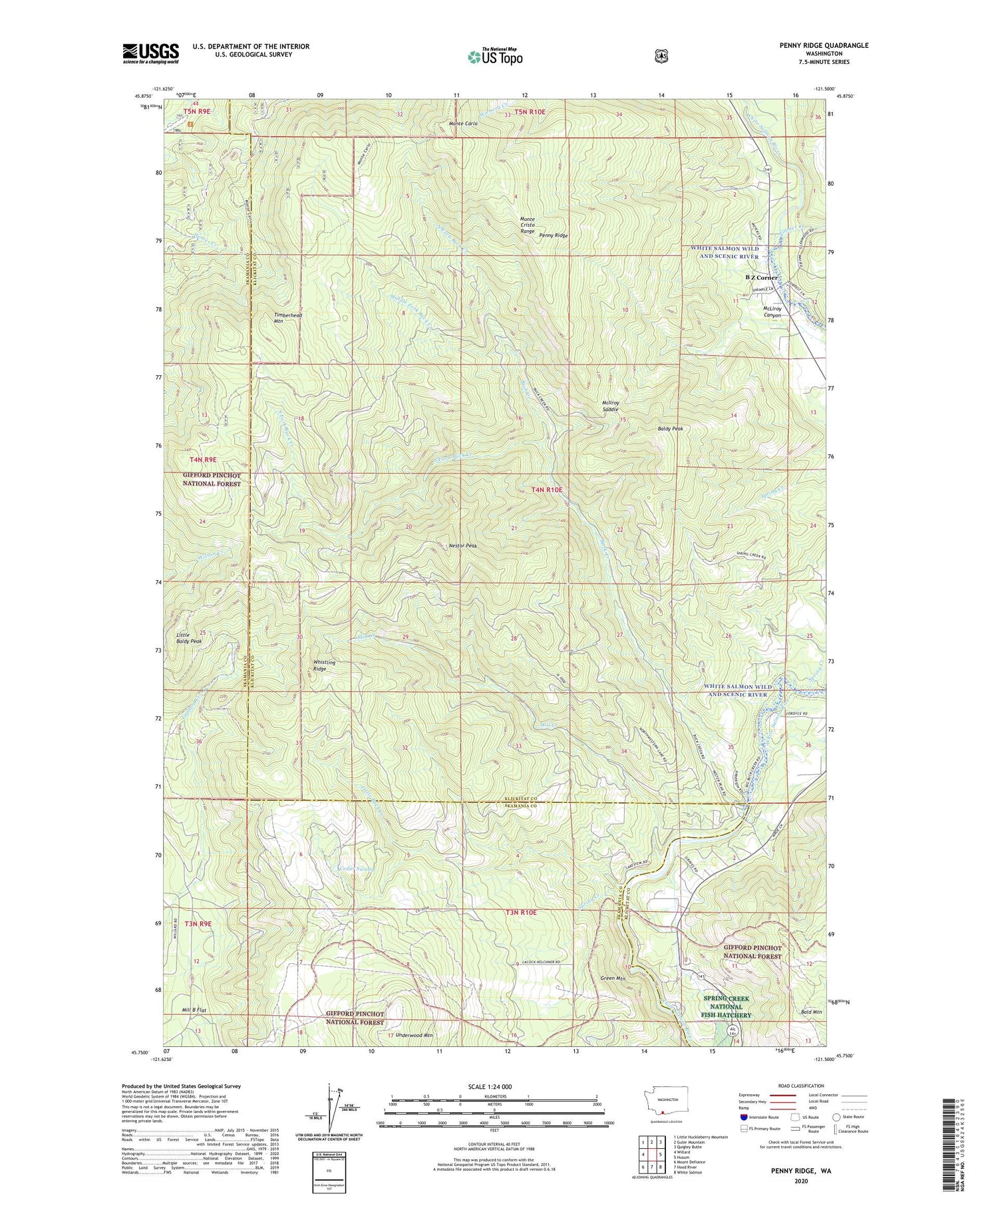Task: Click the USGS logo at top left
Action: click(150, 53)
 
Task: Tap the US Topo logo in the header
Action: click(495, 57)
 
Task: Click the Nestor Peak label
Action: click(463, 545)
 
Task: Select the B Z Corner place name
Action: click(761, 277)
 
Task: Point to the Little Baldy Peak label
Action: click(188, 638)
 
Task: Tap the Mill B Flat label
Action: click(194, 1010)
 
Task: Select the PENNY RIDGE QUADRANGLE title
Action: click(824, 45)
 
